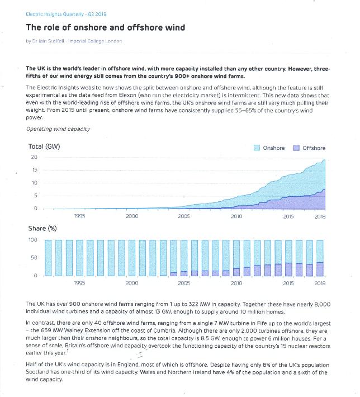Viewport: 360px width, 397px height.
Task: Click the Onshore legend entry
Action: (x=269, y=148)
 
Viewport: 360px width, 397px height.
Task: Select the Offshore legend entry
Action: (x=309, y=148)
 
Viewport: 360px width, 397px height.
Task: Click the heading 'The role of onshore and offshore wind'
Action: (x=105, y=27)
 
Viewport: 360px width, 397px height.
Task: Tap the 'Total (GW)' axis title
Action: (x=44, y=146)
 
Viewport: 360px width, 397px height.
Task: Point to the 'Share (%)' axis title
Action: (x=42, y=228)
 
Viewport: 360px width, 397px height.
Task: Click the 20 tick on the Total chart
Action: (x=34, y=157)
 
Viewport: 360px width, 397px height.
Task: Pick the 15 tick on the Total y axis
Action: (x=35, y=170)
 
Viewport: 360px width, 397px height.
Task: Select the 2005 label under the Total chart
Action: (x=184, y=216)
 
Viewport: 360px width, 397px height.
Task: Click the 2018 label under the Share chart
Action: (x=320, y=283)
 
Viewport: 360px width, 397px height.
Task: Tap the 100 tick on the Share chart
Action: (x=33, y=239)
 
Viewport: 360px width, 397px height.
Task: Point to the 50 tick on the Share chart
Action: (x=34, y=258)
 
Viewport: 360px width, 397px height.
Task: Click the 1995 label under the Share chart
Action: (x=79, y=283)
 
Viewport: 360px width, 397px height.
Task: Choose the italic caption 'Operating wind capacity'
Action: (x=58, y=129)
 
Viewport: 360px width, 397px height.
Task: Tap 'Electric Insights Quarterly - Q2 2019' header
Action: (x=66, y=14)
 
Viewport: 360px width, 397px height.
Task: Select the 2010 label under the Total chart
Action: (x=236, y=216)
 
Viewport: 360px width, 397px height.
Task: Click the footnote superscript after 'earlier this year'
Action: (x=68, y=351)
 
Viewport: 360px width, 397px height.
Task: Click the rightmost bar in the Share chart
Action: (x=320, y=258)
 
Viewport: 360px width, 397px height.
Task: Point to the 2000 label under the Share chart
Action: (x=132, y=283)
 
